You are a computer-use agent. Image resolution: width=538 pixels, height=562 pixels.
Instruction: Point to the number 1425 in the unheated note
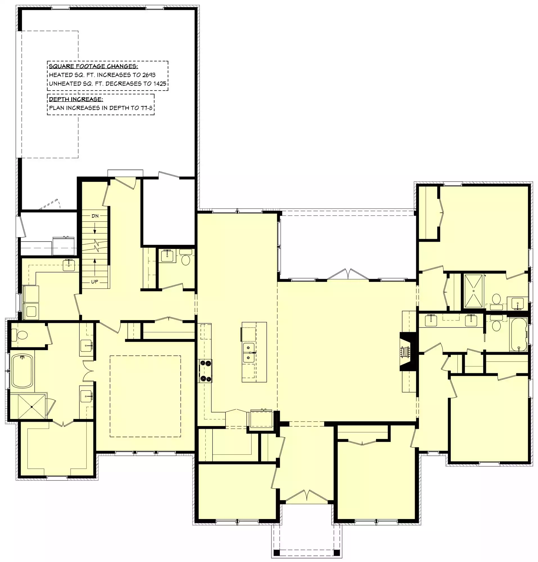(159, 84)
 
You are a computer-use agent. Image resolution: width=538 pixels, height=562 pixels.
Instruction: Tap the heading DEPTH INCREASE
(76, 99)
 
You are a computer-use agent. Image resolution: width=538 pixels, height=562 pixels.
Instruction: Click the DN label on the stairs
(95, 216)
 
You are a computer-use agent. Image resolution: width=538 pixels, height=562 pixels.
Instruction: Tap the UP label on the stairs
(95, 282)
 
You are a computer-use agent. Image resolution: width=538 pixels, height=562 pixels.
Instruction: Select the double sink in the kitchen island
(249, 352)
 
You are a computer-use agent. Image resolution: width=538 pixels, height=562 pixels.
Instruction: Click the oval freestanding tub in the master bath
(22, 371)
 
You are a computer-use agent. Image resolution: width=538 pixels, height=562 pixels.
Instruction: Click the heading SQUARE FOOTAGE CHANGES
(93, 66)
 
